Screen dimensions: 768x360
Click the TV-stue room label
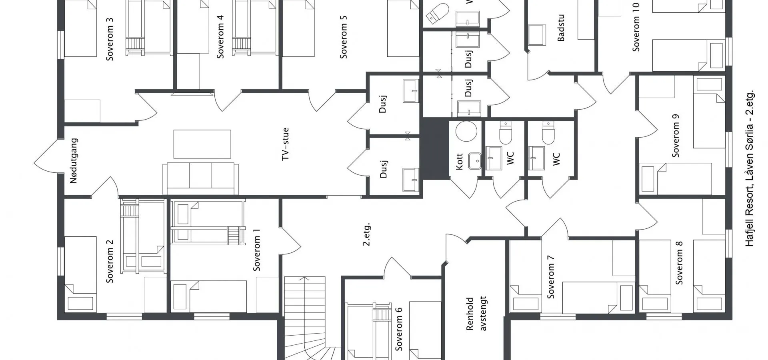coord(285,144)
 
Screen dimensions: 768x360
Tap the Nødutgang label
coord(74,161)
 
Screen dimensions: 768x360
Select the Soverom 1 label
coord(256,250)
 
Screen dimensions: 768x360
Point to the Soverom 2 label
coord(110,261)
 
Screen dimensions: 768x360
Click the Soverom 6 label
coord(399,329)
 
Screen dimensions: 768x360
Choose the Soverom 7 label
coord(551,277)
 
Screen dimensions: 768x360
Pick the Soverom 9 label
coord(676,136)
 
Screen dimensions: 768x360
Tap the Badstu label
coord(561,28)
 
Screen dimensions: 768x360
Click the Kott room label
coord(459,161)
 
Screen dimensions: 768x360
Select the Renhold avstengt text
coord(476,314)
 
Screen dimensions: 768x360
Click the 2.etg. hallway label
coord(366,234)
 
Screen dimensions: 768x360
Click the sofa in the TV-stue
coord(201,178)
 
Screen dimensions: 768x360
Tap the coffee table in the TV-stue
coord(202,144)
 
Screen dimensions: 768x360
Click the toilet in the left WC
coord(506,132)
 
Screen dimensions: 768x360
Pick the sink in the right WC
coord(536,158)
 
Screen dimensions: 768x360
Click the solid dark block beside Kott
coord(435,149)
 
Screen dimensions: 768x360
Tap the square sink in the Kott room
coord(475,161)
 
